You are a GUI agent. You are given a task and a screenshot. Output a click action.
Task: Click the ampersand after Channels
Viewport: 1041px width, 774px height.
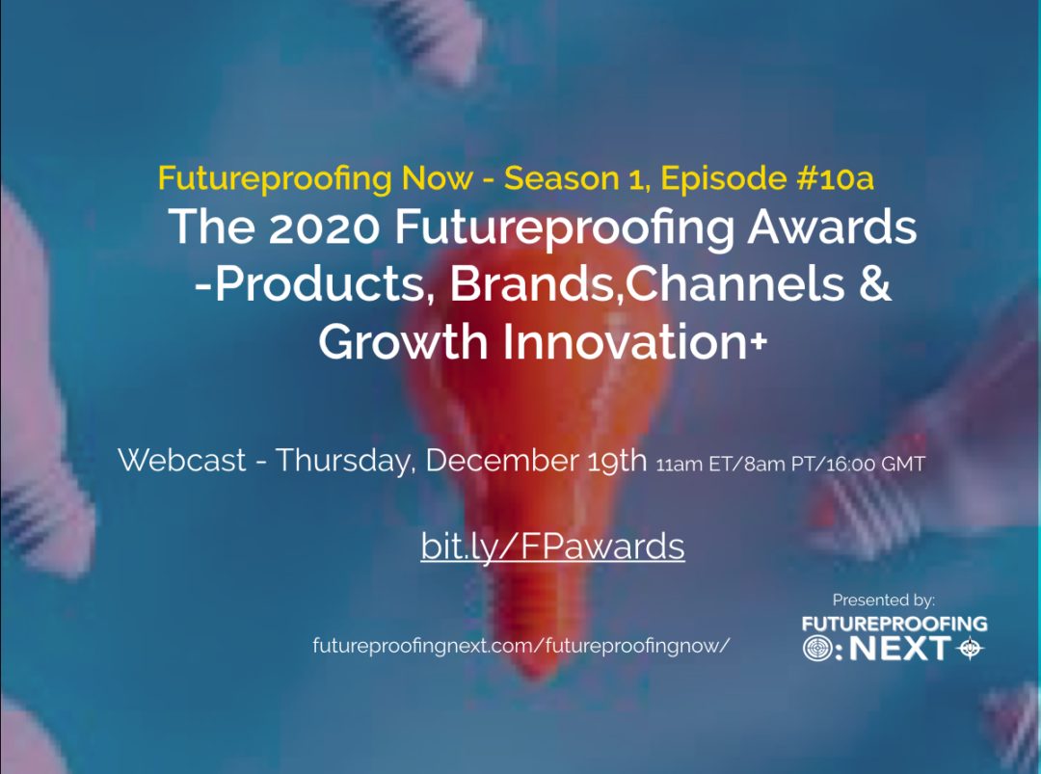point(874,286)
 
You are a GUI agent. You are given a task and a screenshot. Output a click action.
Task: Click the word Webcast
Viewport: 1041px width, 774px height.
point(182,461)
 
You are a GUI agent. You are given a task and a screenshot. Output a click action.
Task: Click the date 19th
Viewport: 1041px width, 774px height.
point(616,461)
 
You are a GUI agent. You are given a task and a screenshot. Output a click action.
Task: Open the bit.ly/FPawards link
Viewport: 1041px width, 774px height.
point(552,547)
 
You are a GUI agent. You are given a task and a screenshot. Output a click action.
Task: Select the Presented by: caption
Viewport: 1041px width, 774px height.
point(884,600)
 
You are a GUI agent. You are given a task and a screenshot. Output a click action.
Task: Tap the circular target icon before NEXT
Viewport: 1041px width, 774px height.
point(816,649)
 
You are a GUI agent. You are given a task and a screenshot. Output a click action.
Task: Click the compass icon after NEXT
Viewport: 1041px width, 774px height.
point(970,649)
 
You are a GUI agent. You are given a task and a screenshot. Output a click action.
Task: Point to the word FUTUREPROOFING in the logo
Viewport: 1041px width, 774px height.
point(894,624)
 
